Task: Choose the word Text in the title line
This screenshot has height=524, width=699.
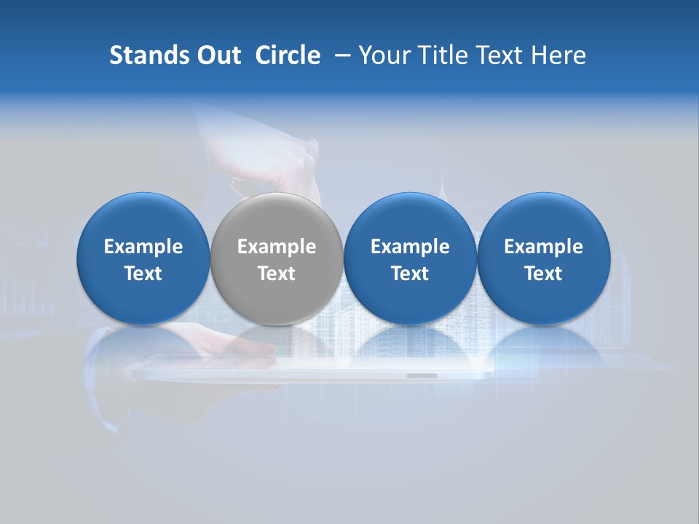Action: pyautogui.click(x=499, y=55)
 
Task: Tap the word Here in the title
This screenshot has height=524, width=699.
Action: pyautogui.click(x=558, y=55)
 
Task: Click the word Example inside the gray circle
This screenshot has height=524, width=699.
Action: pyautogui.click(x=277, y=247)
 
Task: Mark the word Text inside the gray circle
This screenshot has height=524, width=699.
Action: pyautogui.click(x=277, y=274)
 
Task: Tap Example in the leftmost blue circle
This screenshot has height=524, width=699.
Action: pyautogui.click(x=143, y=247)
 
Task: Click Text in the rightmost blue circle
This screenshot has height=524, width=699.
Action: pyautogui.click(x=544, y=274)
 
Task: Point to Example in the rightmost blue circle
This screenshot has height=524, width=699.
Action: pyautogui.click(x=544, y=247)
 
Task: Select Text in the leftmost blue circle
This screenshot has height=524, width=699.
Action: pyautogui.click(x=143, y=274)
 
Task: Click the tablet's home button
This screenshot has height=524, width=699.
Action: pyautogui.click(x=422, y=376)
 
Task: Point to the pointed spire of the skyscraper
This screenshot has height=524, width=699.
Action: pyautogui.click(x=442, y=182)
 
